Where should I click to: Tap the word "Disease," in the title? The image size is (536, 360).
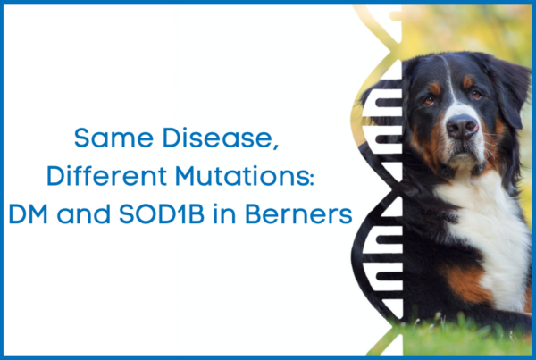coord(221,138)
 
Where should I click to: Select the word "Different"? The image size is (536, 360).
coord(106,176)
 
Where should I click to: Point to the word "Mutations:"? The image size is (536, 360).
coord(245,176)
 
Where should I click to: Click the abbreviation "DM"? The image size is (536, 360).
coord(28,214)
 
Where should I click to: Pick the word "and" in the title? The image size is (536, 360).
coord(83,214)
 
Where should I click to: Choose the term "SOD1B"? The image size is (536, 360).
coord(162,214)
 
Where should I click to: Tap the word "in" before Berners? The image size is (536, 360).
coord(224,214)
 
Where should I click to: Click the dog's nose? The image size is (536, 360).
coord(462,126)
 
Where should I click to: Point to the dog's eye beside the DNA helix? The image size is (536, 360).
coord(429,101)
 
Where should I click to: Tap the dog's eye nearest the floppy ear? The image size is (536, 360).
coord(476,95)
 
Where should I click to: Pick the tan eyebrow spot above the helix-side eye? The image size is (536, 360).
coord(434,88)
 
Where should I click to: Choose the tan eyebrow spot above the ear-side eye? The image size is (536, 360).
coord(467,82)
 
